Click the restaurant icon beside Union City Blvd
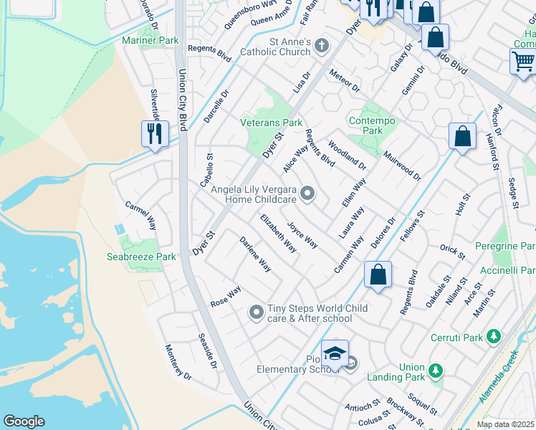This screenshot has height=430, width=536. pyautogui.click(x=155, y=133)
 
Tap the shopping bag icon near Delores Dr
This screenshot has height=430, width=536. pyautogui.click(x=378, y=274)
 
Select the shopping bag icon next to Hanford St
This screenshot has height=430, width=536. pyautogui.click(x=463, y=136)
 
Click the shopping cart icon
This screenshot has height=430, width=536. pyautogui.click(x=523, y=61)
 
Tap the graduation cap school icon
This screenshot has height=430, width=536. pyautogui.click(x=334, y=353)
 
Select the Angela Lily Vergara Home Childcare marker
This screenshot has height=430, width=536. pyautogui.click(x=307, y=193)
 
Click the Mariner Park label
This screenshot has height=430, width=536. pyautogui.click(x=150, y=41)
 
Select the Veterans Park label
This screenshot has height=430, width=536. pyautogui.click(x=271, y=123)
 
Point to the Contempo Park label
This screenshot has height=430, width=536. pyautogui.click(x=372, y=125)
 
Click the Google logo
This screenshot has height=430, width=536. pyautogui.click(x=24, y=421)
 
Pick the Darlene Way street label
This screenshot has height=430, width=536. pyautogui.click(x=255, y=254)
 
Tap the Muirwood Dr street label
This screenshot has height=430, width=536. pyautogui.click(x=402, y=165)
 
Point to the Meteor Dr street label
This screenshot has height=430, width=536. pyautogui.click(x=344, y=80)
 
